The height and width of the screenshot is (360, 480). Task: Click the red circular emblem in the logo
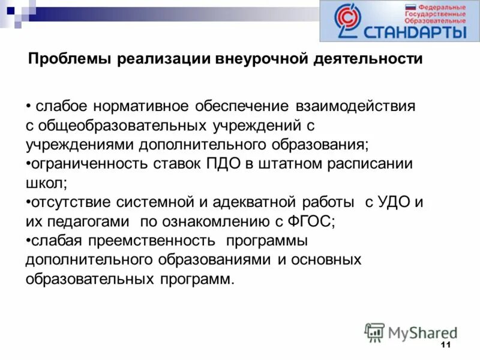tap(345, 20)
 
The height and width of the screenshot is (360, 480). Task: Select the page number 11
tap(445, 345)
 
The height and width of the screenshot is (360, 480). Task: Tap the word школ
tap(44, 183)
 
